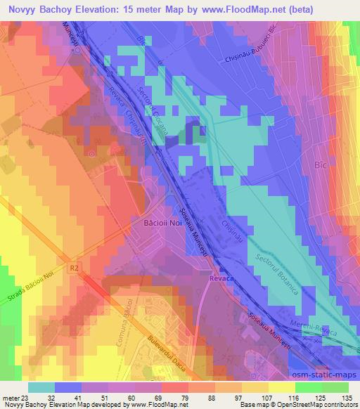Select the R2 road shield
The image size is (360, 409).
(75, 267)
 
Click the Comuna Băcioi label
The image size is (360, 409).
(120, 334)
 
